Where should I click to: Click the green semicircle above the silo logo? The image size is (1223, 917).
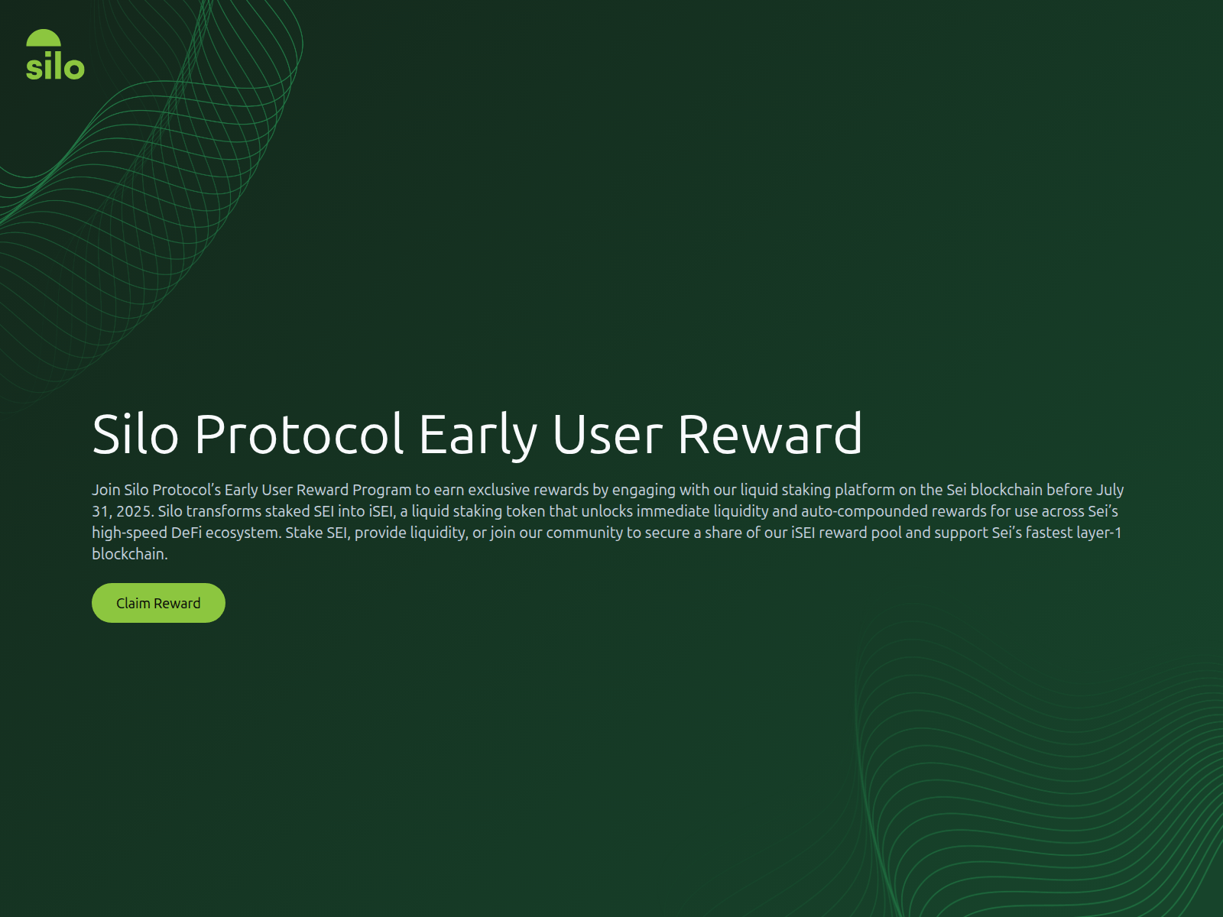tap(44, 39)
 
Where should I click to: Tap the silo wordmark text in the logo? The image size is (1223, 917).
tap(55, 68)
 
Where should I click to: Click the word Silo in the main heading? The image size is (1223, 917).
tap(135, 434)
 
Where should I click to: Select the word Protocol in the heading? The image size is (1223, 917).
tap(298, 434)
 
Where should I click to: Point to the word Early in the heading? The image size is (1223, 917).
tap(478, 434)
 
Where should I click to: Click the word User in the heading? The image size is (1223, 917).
tap(607, 434)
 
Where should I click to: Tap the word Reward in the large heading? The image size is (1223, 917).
tap(770, 434)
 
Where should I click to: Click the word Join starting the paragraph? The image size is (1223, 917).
tap(106, 490)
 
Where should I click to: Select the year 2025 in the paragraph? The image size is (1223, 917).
tap(133, 511)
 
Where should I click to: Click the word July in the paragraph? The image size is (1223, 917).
tap(1110, 490)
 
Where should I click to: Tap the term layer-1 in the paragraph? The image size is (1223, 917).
tap(1098, 533)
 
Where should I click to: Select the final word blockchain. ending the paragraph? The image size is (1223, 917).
tap(129, 554)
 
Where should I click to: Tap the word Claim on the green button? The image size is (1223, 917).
tap(133, 603)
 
